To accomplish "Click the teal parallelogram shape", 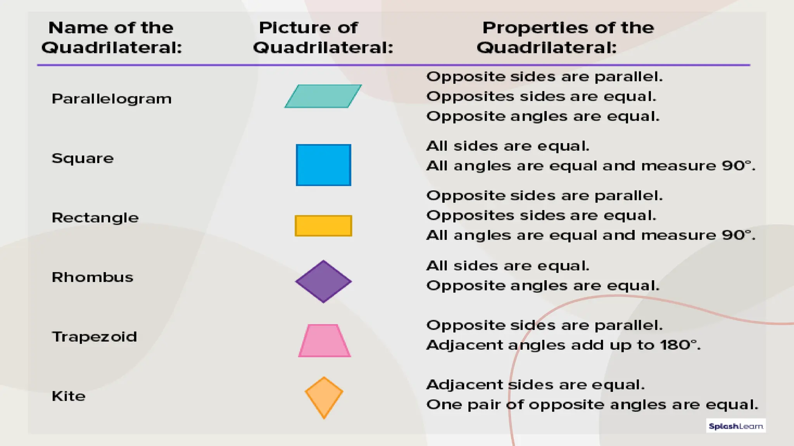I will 323,96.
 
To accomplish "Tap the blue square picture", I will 323,165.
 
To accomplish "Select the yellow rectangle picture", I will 323,226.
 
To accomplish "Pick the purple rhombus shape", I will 323,281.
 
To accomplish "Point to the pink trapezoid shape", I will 325,341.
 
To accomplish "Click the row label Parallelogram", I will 112,99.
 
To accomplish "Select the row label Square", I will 83,158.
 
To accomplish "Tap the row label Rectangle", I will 95,218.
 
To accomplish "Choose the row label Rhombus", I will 92,277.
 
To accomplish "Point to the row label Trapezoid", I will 94,337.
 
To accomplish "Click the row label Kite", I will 69,396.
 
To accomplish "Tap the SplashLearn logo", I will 735,426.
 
